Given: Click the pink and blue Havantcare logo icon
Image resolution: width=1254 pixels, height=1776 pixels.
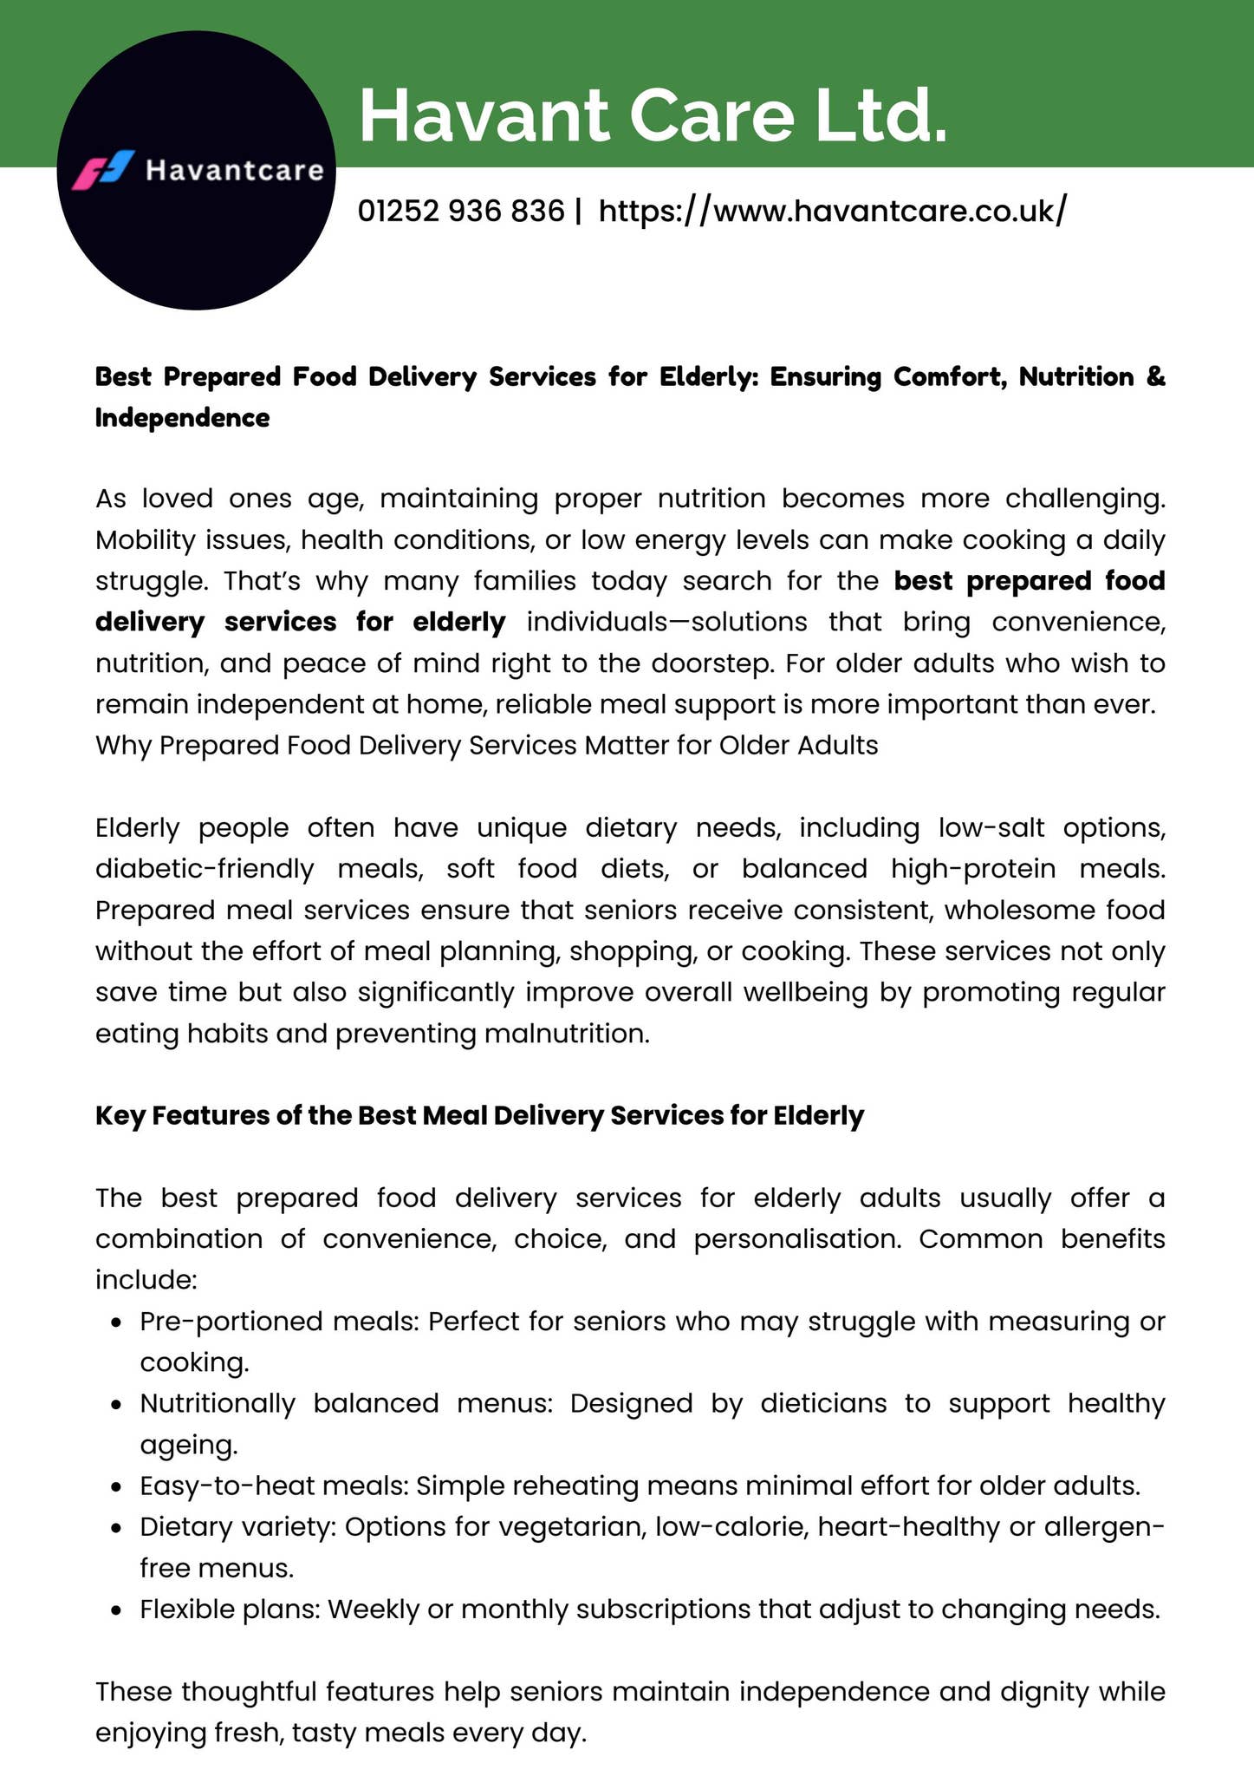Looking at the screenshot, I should [x=105, y=170].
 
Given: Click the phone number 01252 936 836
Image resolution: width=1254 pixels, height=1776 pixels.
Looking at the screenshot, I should [x=461, y=211].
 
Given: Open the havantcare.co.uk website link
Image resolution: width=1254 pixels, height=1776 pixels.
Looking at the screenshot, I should [x=833, y=211].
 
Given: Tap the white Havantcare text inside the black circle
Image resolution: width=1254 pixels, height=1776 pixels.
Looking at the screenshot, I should [x=235, y=170].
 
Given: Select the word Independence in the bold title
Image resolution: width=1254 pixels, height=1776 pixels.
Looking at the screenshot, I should [x=182, y=418].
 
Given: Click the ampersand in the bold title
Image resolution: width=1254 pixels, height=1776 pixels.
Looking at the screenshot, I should [x=1156, y=377].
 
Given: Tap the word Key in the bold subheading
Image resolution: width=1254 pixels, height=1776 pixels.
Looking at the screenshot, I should [x=120, y=1115].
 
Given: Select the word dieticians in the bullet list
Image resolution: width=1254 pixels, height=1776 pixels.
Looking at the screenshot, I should [x=823, y=1403].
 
